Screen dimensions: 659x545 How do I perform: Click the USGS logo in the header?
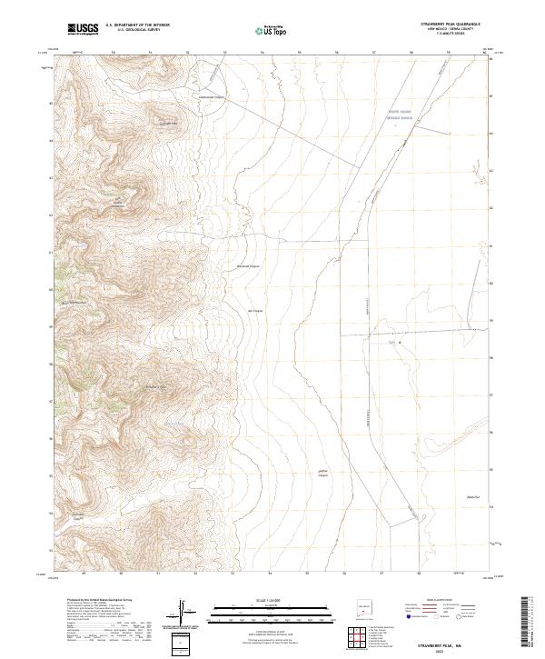click(x=84, y=30)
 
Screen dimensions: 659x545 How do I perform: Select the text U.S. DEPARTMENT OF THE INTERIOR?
click(x=137, y=25)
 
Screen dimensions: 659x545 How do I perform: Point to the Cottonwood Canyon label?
click(x=211, y=94)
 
